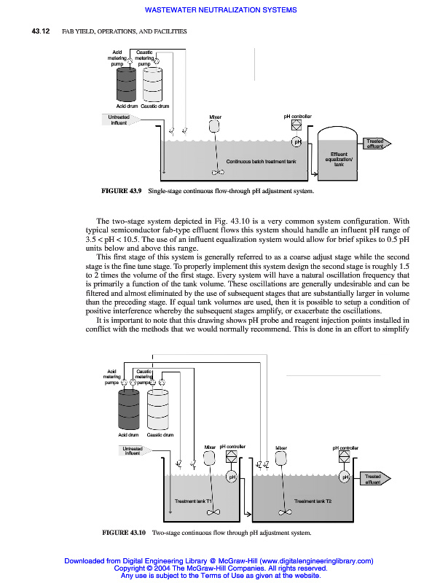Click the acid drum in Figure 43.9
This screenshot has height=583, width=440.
[130, 86]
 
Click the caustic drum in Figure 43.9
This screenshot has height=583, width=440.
[153, 86]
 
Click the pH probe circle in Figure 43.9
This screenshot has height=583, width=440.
[296, 141]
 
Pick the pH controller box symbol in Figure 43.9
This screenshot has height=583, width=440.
[296, 125]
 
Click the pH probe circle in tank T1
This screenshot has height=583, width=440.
[231, 477]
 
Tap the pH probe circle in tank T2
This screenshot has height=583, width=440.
[345, 477]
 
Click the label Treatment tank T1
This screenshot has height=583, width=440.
[194, 501]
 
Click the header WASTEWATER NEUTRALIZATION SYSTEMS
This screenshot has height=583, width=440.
[221, 10]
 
